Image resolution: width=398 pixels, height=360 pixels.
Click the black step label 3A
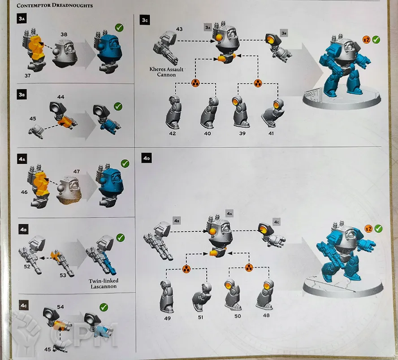[x=22, y=19]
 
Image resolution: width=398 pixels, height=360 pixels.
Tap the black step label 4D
[x=147, y=158]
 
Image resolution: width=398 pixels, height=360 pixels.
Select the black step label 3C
[x=145, y=20]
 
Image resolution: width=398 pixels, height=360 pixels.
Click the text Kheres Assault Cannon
[x=166, y=72]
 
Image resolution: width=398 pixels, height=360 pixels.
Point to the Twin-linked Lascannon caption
[x=104, y=284]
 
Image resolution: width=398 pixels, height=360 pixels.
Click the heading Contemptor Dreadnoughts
[x=55, y=5]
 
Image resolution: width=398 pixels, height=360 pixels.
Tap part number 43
[x=179, y=29]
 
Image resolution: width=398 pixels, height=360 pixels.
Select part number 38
[x=64, y=35]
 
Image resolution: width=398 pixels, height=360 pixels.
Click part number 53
[x=63, y=275]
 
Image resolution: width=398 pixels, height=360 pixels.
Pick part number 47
[x=76, y=172]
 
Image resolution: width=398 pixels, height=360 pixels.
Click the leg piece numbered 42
[x=173, y=112]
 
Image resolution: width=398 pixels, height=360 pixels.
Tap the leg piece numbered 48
[x=265, y=295]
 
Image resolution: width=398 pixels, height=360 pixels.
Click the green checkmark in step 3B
[x=118, y=106]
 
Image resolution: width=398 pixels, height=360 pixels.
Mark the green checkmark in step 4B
[x=120, y=238]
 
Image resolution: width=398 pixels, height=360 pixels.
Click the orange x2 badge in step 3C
[x=366, y=40]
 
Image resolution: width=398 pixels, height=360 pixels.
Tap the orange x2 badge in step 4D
[x=368, y=229]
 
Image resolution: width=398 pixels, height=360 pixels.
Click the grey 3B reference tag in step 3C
[x=284, y=33]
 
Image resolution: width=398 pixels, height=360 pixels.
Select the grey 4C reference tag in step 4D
[x=277, y=222]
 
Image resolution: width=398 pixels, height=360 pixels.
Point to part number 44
[x=61, y=97]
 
